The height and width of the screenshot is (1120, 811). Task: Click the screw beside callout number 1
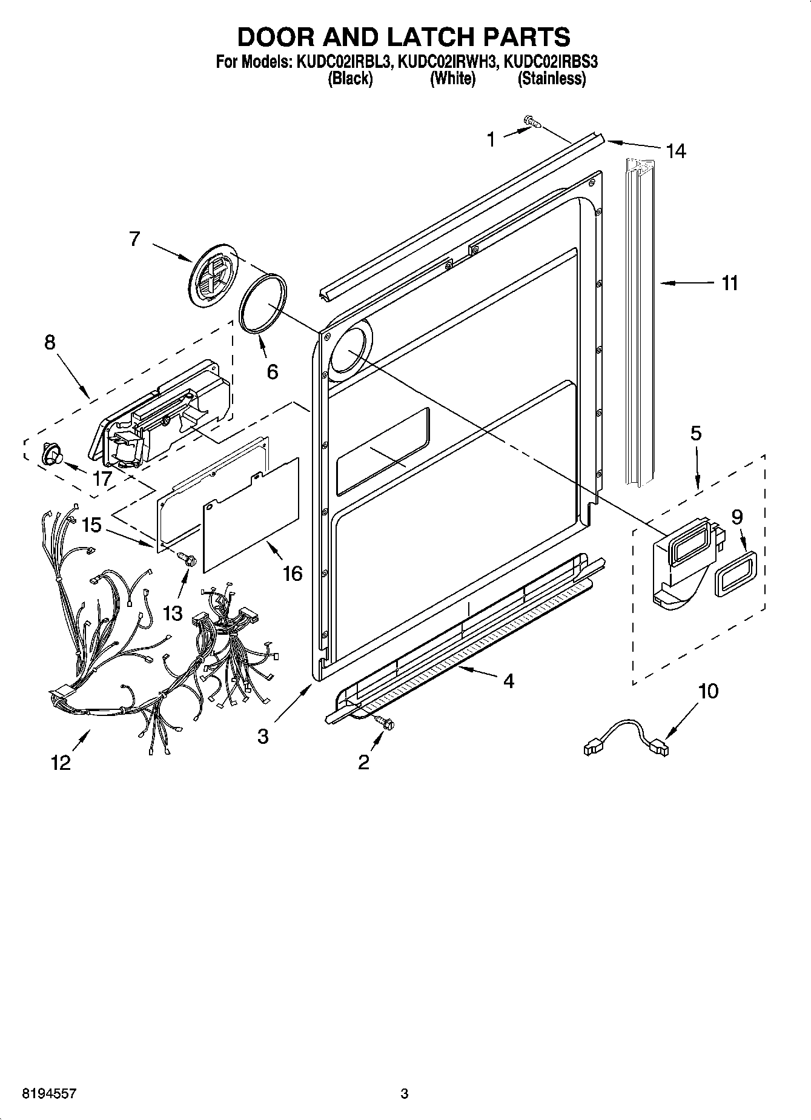point(533,122)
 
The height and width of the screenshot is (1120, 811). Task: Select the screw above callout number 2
point(384,721)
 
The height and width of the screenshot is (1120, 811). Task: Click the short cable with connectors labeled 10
point(625,735)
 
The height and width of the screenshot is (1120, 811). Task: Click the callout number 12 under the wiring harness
point(61,762)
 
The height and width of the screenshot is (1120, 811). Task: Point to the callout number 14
point(676,151)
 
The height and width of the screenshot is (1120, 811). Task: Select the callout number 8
point(50,342)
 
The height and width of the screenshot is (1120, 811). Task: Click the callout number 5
point(695,433)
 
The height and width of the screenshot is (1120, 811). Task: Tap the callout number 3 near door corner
point(262,736)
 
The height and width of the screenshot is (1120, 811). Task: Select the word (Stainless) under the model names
point(551,79)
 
